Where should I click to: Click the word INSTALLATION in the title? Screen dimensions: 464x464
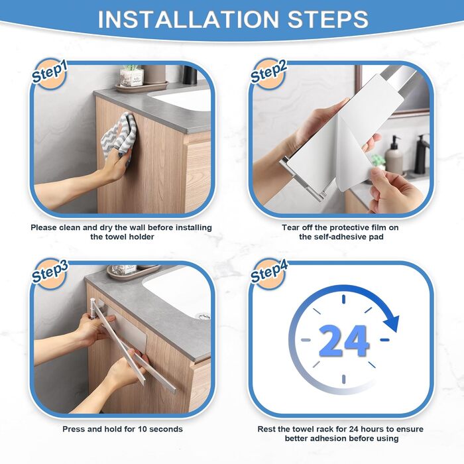coord(188,19)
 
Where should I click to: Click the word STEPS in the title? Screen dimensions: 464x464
coord(328,19)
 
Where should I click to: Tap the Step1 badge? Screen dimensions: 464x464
coord(50,74)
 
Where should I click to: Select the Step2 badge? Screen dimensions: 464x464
coord(268,74)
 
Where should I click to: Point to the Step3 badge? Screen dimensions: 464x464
coord(50,274)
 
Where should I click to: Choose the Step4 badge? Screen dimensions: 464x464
coord(268,274)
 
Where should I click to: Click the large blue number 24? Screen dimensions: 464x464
coord(343,341)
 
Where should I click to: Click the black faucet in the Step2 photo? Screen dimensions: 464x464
coord(422,154)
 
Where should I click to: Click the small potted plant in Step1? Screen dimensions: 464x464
coord(131,76)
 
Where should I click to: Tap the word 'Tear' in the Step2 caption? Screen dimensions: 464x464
coord(290,227)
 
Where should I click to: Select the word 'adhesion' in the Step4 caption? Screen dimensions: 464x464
coord(329,438)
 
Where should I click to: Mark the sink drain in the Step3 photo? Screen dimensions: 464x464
coord(204,316)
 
